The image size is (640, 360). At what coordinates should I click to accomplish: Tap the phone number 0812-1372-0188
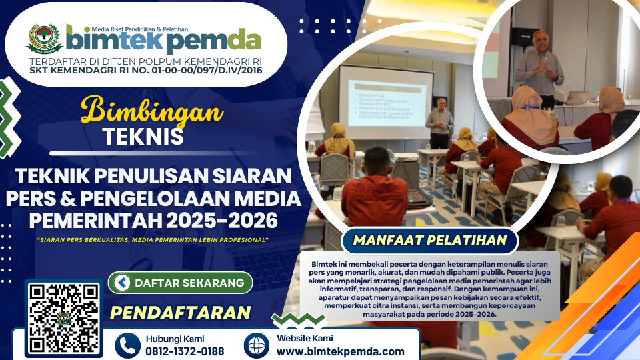[185, 351]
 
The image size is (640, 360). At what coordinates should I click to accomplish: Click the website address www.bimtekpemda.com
[340, 351]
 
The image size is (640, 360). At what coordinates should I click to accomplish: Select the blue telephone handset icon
[127, 345]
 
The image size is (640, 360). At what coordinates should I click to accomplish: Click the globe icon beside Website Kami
[257, 345]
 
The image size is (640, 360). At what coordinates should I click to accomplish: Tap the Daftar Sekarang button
[180, 283]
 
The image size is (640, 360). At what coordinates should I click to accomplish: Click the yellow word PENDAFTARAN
[180, 313]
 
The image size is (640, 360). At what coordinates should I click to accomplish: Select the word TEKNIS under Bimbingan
[143, 136]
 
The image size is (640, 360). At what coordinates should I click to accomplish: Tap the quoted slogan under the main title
[153, 239]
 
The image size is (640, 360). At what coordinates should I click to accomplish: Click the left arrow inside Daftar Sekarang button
[121, 283]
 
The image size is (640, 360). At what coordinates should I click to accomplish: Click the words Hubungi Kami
[175, 338]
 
